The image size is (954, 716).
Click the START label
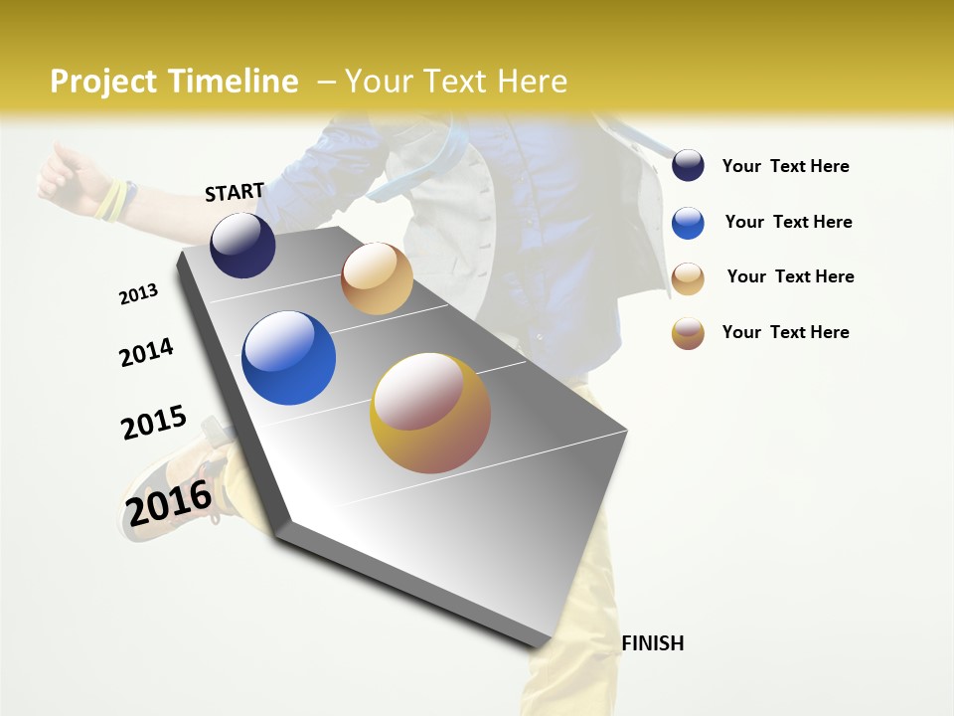[x=235, y=192]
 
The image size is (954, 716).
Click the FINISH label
[x=652, y=643]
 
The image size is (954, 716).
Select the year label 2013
[x=138, y=294]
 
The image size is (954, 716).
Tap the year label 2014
[x=146, y=352]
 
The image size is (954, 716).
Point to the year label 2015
[x=154, y=423]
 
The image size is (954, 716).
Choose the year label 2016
[x=169, y=503]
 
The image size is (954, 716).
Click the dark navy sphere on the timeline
[x=242, y=245]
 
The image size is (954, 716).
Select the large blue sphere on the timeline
[x=288, y=358]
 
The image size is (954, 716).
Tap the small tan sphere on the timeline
[x=377, y=278]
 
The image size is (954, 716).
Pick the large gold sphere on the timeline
[x=430, y=413]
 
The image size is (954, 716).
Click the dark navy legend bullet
[x=688, y=165]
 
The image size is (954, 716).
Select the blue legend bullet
[x=688, y=223]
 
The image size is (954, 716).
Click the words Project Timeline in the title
[x=174, y=82]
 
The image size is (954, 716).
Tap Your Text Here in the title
[x=456, y=82]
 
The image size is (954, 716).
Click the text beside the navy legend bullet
[x=785, y=166]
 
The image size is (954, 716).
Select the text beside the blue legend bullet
[x=788, y=222]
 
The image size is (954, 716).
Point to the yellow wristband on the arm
[x=111, y=200]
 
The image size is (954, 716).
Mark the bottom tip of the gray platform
[x=538, y=648]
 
